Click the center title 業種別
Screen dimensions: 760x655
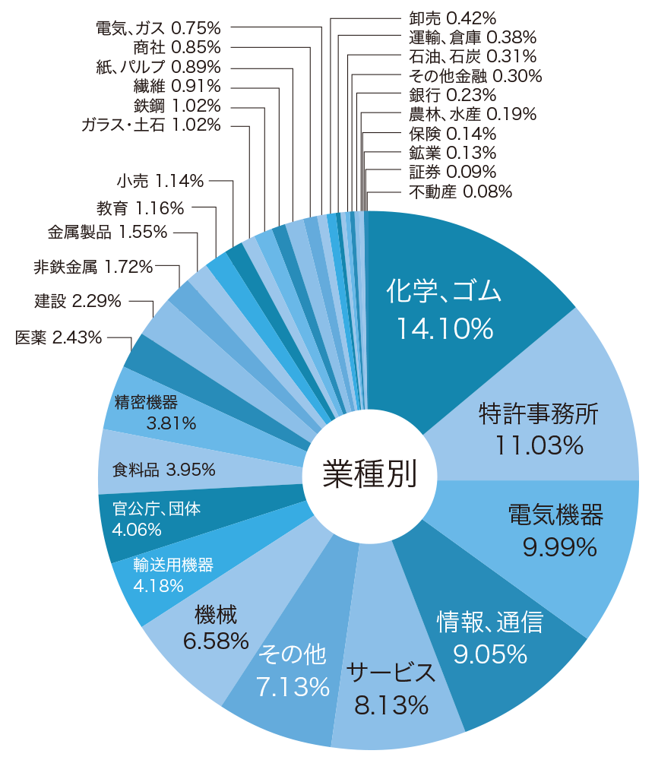coord(369,474)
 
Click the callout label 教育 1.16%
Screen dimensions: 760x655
coord(141,207)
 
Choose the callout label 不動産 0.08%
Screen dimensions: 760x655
coord(460,192)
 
